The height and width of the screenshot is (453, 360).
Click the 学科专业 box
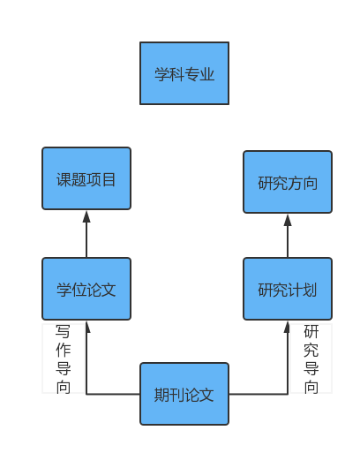coord(184,73)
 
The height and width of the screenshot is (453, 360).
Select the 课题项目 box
coord(86,178)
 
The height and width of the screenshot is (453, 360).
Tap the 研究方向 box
coord(288,182)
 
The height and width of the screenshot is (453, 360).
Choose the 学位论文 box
coord(86,289)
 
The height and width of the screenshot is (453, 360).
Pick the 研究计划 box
coord(288,289)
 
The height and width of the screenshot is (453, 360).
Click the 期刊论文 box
coord(184,394)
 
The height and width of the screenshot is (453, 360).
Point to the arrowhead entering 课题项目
coord(86,216)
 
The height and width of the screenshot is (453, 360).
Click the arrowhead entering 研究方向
coord(288,220)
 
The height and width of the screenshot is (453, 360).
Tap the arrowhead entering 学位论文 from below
coord(87,327)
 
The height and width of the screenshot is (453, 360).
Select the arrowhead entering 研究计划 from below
coord(287,327)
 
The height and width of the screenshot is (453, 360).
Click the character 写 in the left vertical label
coord(63,331)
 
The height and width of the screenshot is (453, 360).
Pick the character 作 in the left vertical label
coord(63,350)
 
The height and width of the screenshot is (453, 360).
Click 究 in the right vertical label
coord(311,350)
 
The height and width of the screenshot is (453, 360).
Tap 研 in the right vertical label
coord(311,331)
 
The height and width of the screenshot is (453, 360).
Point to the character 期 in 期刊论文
coord(161,395)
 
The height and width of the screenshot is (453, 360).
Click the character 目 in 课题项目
coord(109,179)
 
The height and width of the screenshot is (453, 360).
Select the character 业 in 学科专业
coord(206,74)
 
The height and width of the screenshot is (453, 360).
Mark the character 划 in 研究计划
coord(310,290)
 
